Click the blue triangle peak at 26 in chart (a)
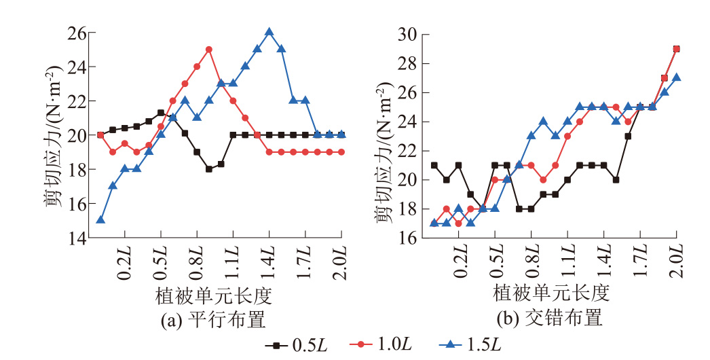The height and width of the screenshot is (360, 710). [x=269, y=32]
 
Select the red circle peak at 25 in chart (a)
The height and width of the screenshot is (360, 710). [x=209, y=49]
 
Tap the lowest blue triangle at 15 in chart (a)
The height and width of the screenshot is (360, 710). [x=100, y=219]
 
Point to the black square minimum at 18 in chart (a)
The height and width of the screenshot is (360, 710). [x=209, y=169]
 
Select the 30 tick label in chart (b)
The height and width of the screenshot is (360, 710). [x=409, y=34]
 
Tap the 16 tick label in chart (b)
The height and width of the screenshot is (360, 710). [x=409, y=238]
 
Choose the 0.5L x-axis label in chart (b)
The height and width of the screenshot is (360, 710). [x=496, y=262]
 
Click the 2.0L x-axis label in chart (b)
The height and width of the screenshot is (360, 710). [x=676, y=262]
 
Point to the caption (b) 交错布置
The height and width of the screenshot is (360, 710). [x=551, y=318]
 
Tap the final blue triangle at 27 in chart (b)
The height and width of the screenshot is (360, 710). [x=676, y=77]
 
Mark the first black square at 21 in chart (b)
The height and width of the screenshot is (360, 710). [x=434, y=165]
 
